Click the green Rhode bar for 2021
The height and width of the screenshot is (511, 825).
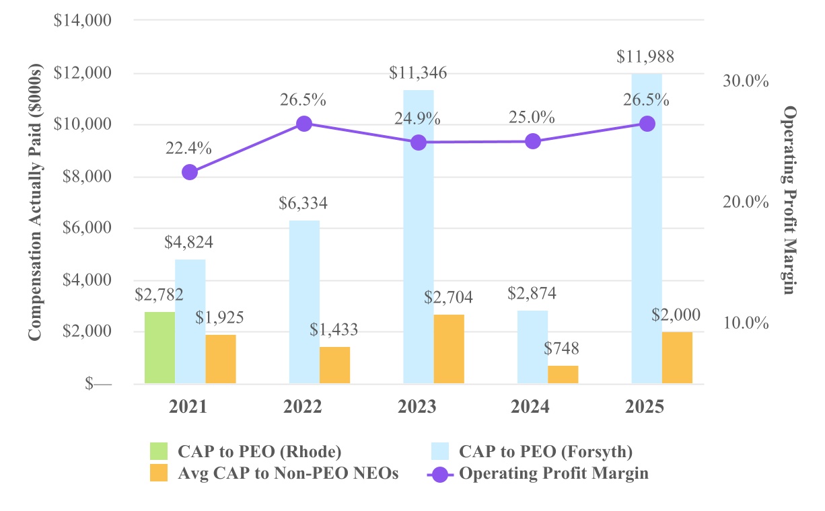click(x=159, y=348)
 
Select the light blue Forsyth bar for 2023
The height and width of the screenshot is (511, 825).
click(x=419, y=237)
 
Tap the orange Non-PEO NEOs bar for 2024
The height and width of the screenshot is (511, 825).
click(x=563, y=375)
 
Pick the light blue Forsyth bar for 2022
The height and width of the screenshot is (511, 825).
click(x=304, y=302)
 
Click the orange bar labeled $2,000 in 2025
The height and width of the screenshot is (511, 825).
click(x=677, y=358)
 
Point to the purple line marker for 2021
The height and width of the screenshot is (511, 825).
click(x=190, y=172)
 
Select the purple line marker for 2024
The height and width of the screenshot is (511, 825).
click(x=533, y=141)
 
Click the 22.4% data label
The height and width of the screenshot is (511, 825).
click(x=188, y=149)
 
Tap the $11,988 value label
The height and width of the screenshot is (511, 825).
click(x=645, y=57)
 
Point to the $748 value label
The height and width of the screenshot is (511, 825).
click(x=563, y=349)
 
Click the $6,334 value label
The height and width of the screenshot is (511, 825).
click(x=304, y=204)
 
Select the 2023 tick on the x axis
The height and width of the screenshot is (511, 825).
click(x=418, y=407)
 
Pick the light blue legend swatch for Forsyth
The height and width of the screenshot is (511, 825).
click(x=442, y=450)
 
